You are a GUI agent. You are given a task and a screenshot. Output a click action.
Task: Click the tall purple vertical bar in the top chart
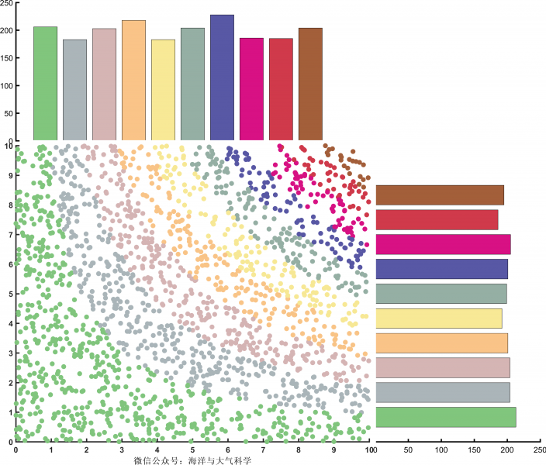click(222, 77)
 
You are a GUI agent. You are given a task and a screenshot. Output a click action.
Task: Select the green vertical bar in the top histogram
click(45, 84)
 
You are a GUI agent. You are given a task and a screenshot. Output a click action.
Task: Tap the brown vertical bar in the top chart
click(310, 84)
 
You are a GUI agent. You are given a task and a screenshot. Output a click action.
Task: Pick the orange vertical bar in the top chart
click(133, 81)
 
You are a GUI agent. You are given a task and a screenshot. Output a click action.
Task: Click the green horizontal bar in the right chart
click(445, 417)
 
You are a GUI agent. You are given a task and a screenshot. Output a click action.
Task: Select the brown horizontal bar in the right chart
click(440, 195)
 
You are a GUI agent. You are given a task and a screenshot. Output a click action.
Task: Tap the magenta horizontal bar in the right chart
click(443, 244)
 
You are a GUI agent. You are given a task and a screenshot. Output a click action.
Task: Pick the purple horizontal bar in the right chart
click(441, 269)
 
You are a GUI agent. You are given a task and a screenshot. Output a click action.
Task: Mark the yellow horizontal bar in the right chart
click(439, 319)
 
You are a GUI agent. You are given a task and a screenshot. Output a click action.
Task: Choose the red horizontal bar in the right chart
click(437, 220)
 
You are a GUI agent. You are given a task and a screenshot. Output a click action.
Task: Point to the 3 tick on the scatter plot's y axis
click(9, 353)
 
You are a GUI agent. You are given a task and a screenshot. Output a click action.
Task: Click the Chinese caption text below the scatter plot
click(193, 460)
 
